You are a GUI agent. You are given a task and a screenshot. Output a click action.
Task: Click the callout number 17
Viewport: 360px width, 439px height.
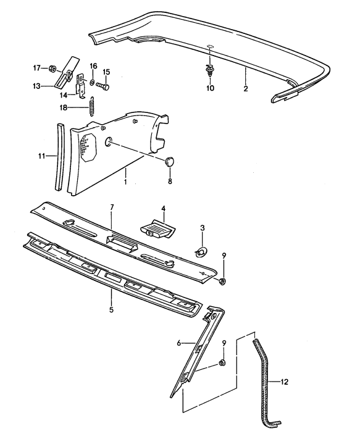pyautogui.click(x=36, y=67)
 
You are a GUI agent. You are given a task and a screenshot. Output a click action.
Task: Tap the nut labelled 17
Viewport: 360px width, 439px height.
pyautogui.click(x=52, y=67)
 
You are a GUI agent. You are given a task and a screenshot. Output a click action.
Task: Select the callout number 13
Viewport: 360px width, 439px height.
pyautogui.click(x=37, y=85)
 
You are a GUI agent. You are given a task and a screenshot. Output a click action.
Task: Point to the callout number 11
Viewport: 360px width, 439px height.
pyautogui.click(x=41, y=157)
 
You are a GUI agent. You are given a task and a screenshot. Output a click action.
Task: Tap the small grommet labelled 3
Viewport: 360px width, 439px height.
pyautogui.click(x=201, y=251)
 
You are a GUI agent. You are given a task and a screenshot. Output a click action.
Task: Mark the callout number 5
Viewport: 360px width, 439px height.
pyautogui.click(x=112, y=309)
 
